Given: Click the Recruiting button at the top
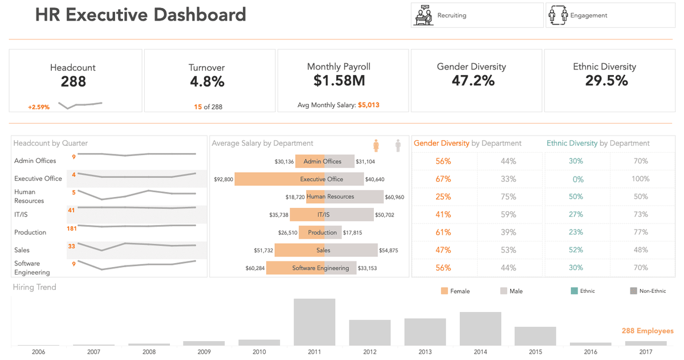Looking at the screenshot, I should pyautogui.click(x=477, y=15).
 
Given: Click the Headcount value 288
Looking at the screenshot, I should pyautogui.click(x=73, y=82).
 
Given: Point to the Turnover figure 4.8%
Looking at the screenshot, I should pyautogui.click(x=207, y=82).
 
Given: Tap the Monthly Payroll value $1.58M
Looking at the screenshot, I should pyautogui.click(x=339, y=81).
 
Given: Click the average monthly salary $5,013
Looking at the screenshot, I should pyautogui.click(x=368, y=105).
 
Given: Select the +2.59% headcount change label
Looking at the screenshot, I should pyautogui.click(x=39, y=107).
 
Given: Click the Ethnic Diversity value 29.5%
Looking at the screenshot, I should pyautogui.click(x=606, y=81).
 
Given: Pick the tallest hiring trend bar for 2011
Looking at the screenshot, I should pyautogui.click(x=315, y=322).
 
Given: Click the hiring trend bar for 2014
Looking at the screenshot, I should pyautogui.click(x=481, y=329).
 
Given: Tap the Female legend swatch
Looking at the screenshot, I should pyautogui.click(x=445, y=291).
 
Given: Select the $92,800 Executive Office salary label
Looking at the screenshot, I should pyautogui.click(x=223, y=179).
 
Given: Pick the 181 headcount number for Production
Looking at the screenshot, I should pyautogui.click(x=72, y=228).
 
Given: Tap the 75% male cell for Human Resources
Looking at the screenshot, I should pyautogui.click(x=508, y=197).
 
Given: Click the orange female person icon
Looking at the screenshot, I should pyautogui.click(x=376, y=145).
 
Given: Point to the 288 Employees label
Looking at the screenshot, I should pyautogui.click(x=647, y=331).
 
